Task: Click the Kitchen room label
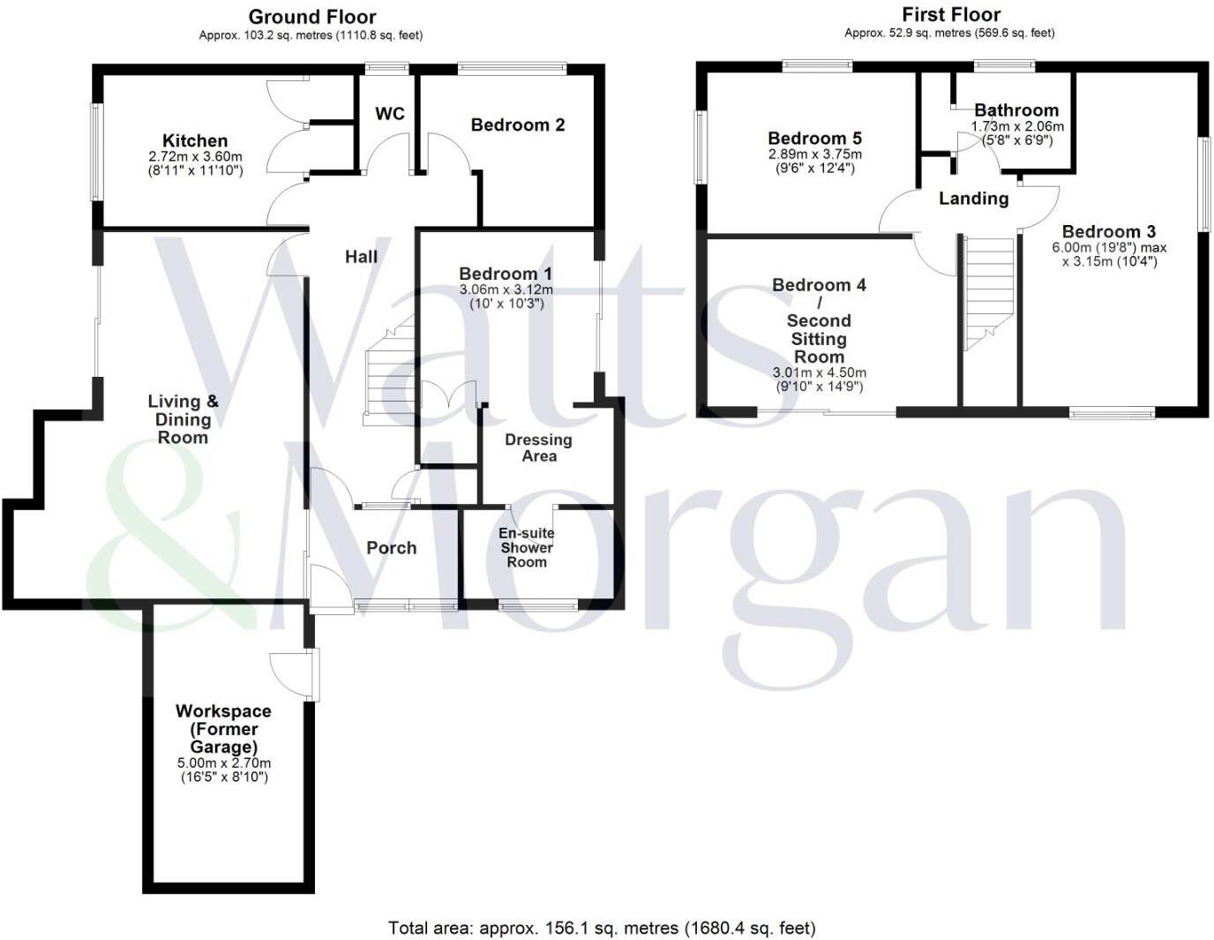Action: click(x=195, y=140)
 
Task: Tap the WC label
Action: click(x=390, y=113)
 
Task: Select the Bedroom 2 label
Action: click(x=518, y=124)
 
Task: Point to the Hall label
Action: click(x=361, y=256)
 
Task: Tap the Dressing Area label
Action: click(x=538, y=447)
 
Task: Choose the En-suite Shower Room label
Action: click(x=526, y=547)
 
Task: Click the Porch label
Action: click(x=391, y=547)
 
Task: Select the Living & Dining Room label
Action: click(x=183, y=419)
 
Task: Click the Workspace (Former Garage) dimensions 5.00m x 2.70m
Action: click(x=223, y=763)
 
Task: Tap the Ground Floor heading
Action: click(x=311, y=17)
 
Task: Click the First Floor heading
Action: click(x=951, y=14)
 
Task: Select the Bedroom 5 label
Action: click(x=814, y=138)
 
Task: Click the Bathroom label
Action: click(x=1016, y=110)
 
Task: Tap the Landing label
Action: click(x=973, y=198)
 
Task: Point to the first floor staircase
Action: click(x=987, y=292)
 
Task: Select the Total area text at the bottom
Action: click(x=602, y=928)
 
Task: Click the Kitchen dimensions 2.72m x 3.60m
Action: click(x=195, y=156)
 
